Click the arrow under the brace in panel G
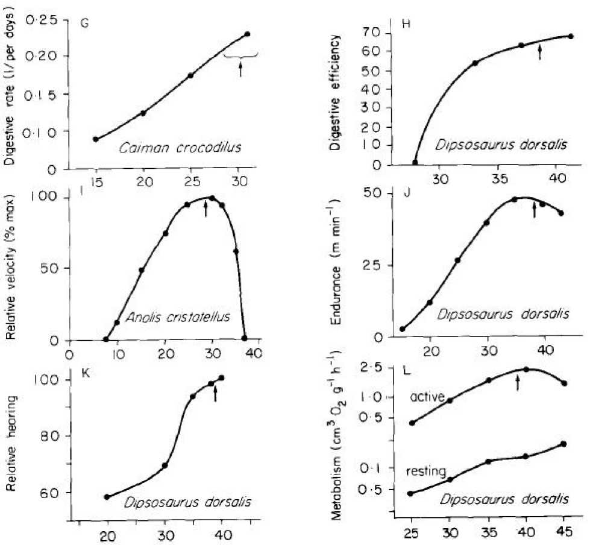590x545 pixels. tap(240, 68)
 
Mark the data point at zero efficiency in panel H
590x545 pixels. tap(415, 162)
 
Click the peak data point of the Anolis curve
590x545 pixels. tap(212, 198)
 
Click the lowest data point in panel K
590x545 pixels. tap(107, 497)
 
